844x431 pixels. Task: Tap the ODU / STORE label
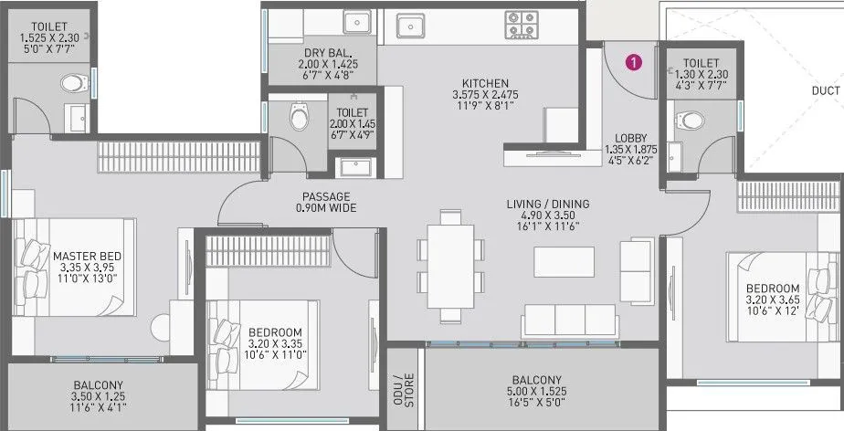click(x=404, y=389)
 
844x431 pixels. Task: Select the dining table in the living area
click(x=447, y=266)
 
